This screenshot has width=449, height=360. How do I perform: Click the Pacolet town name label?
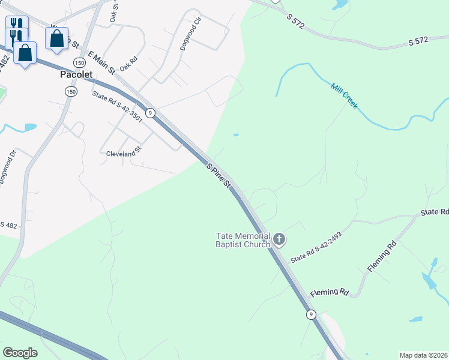[x=77, y=75]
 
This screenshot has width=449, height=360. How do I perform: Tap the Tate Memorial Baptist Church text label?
[x=243, y=240]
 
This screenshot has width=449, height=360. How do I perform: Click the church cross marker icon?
[x=279, y=240]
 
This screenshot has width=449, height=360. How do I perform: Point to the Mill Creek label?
[x=345, y=95]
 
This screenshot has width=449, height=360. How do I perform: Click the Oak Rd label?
[x=129, y=64]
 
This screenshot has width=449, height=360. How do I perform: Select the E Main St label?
[x=101, y=62]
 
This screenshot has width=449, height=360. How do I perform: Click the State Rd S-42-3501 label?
[x=117, y=106]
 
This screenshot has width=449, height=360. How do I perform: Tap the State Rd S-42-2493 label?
[x=316, y=248]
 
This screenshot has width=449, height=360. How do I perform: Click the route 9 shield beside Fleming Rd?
[x=310, y=314]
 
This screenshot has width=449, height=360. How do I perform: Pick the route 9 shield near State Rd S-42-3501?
[x=151, y=113]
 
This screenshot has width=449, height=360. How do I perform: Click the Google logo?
[x=20, y=353]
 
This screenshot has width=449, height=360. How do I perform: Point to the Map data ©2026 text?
[x=423, y=355]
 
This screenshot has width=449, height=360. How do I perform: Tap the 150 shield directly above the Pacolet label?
[x=79, y=62]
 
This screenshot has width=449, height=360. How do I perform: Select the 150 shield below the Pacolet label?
[x=71, y=91]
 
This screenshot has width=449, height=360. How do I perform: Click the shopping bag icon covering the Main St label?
[x=56, y=38]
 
